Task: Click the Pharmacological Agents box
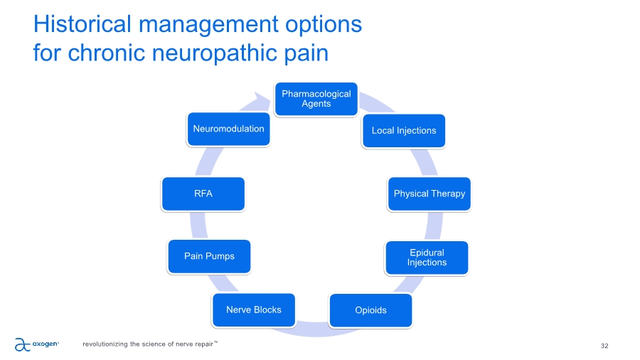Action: tap(316, 99)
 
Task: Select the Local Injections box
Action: tap(403, 131)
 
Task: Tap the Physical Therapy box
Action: tap(429, 194)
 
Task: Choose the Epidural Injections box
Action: tap(427, 258)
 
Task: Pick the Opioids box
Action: tap(370, 310)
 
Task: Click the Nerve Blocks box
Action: tap(254, 309)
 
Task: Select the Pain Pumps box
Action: tap(210, 256)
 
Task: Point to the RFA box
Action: tap(203, 194)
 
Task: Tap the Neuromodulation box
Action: tap(228, 129)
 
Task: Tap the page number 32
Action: tap(604, 346)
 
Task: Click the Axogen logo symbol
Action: tap(23, 344)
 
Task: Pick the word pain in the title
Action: tap(304, 53)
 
